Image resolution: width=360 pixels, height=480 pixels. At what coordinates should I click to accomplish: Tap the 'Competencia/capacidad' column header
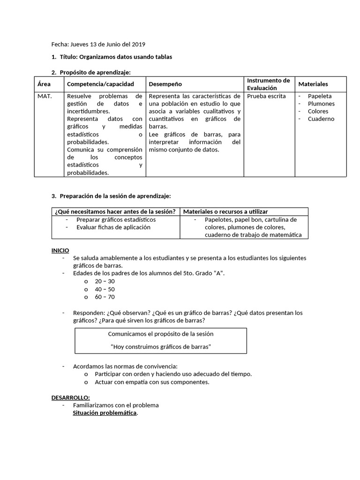coord(100,84)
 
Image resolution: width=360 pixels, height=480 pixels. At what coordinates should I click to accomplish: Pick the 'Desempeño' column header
coord(165,84)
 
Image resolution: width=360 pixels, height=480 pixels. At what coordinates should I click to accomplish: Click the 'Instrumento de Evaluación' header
coord(268,84)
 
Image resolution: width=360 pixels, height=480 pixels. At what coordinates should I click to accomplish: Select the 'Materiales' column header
coord(313,84)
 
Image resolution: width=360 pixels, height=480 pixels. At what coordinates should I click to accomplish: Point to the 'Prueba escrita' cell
coord(266,96)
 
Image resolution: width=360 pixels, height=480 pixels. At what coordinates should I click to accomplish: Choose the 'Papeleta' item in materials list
coord(320,96)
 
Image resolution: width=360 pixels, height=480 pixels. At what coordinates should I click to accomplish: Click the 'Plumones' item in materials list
coord(321,104)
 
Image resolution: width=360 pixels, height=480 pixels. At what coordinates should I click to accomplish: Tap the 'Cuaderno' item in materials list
coord(321,119)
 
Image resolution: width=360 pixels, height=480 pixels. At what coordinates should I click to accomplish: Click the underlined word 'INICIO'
coord(60,251)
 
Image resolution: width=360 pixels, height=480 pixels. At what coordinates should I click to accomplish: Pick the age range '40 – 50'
coord(105,289)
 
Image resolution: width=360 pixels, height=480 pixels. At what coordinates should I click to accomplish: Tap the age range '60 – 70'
coord(105,297)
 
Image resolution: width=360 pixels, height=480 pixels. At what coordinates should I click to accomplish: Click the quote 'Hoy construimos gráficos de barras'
coord(161,346)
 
